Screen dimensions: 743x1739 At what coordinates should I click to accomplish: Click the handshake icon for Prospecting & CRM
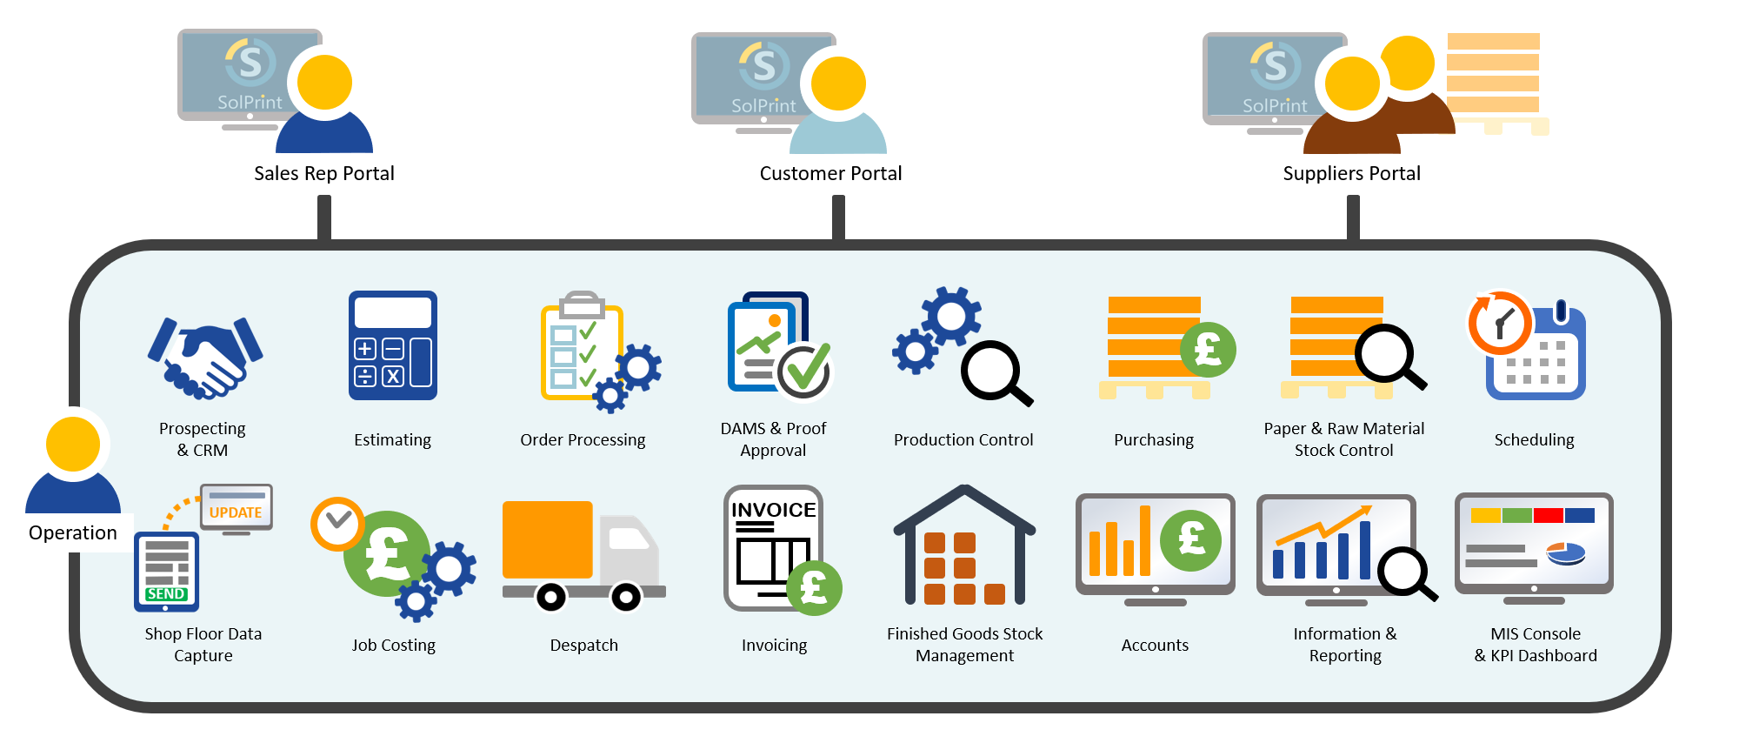[205, 358]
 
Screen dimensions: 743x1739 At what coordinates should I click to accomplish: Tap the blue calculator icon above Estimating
[393, 345]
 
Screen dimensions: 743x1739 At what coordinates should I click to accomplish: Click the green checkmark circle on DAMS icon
[804, 371]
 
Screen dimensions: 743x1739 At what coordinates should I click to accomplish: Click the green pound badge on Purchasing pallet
[1208, 350]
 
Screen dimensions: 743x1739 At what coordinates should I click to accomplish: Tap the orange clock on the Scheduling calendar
[1500, 323]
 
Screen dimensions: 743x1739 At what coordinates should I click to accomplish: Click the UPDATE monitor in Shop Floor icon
[237, 507]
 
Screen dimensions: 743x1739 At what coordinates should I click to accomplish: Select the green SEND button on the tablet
[166, 593]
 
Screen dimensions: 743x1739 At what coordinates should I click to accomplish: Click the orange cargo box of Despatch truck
[548, 539]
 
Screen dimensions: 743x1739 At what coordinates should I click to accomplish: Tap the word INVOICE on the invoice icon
[773, 510]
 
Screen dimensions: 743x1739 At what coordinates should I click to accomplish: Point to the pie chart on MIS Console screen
[1566, 552]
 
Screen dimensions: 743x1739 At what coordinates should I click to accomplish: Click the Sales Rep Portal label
[324, 173]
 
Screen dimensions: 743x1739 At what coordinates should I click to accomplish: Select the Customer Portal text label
[830, 173]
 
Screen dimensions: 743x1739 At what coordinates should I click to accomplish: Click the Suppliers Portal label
[1351, 173]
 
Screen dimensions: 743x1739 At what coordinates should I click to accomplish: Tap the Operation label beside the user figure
[73, 532]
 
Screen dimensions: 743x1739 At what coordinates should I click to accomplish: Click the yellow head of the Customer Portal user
[838, 84]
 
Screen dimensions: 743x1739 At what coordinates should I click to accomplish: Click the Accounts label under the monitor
[1155, 645]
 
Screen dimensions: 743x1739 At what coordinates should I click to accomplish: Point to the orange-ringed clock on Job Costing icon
[337, 524]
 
